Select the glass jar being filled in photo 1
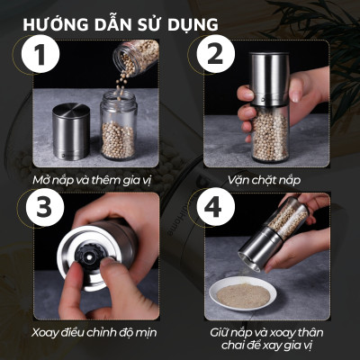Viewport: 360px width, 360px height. [x=117, y=135]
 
